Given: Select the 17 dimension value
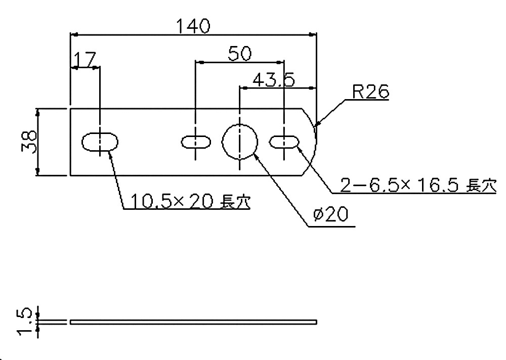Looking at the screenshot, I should pos(84,60).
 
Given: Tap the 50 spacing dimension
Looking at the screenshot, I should pos(239,54).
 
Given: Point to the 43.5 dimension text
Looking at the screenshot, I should pos(273,79).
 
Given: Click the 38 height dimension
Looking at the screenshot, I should pos(29,142).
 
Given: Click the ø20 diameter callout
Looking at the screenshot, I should pos(330,215).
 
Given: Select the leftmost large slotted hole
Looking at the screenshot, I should pos(101,142).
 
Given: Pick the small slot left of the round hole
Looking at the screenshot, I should pos(196,142).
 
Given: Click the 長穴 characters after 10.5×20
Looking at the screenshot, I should pos(237,202).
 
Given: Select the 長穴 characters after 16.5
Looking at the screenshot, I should pos(481,186).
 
